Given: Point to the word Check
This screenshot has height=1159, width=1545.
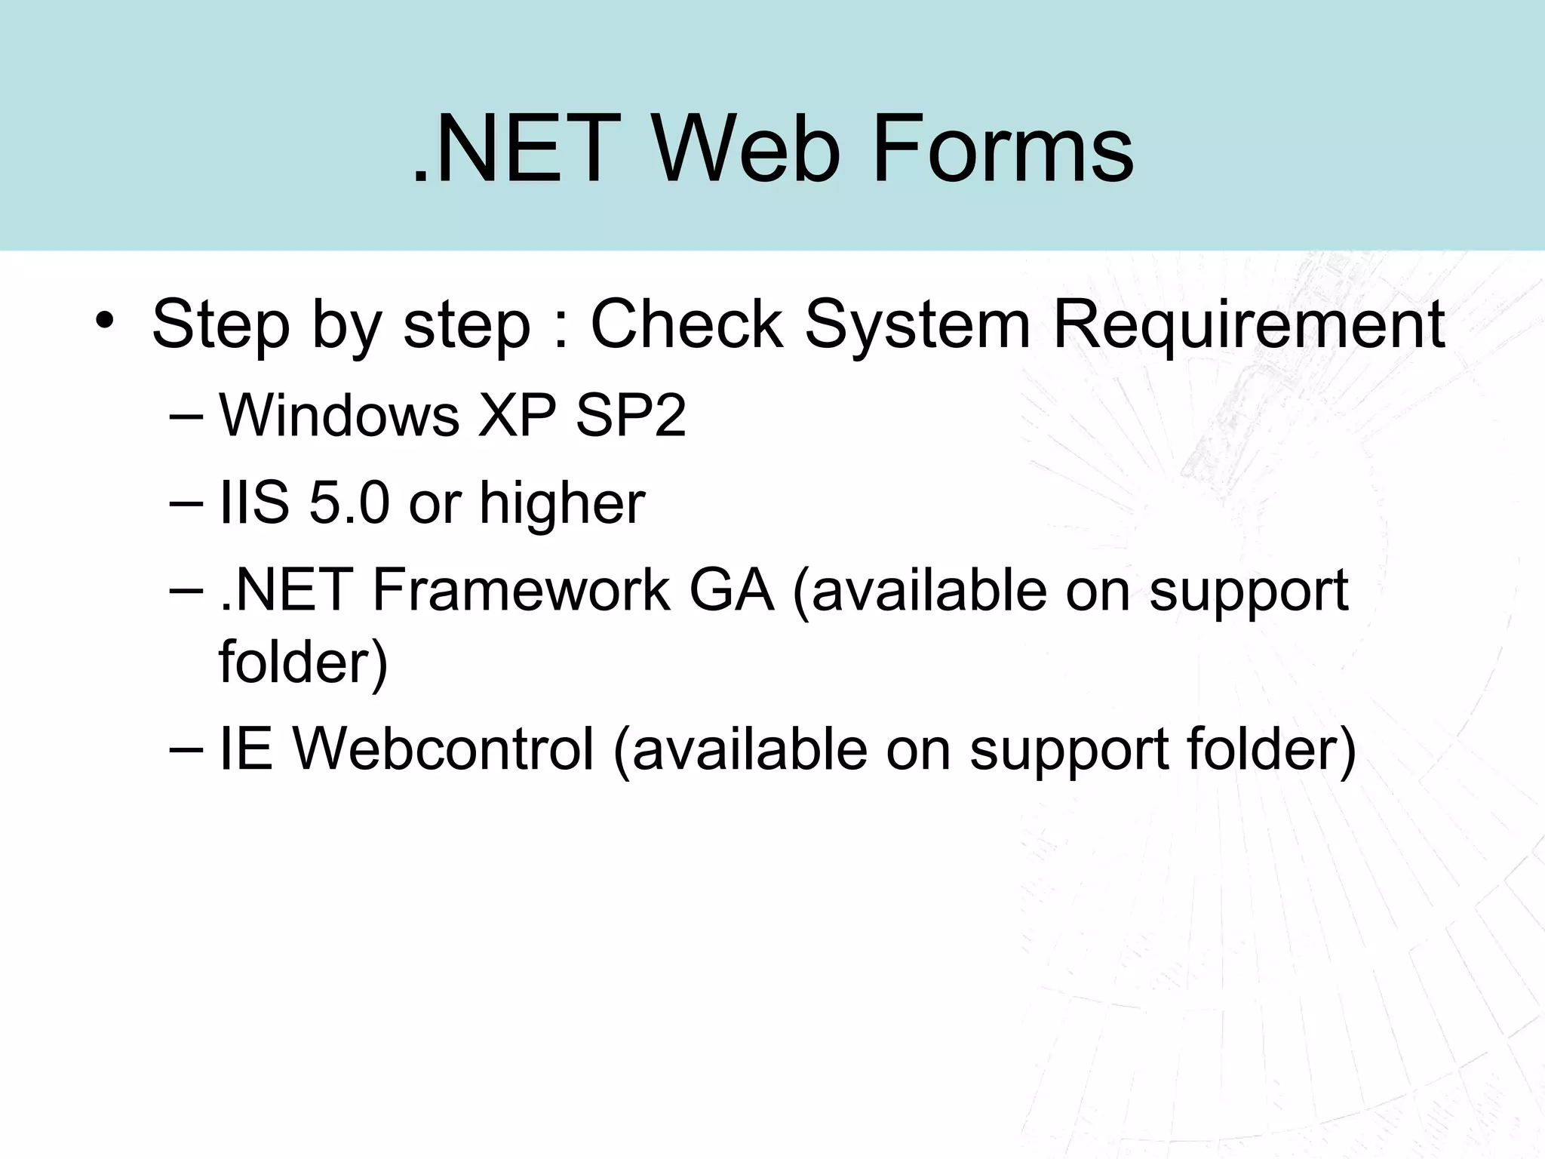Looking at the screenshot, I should click(x=686, y=324).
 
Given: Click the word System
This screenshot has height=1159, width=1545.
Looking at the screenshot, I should click(x=917, y=324).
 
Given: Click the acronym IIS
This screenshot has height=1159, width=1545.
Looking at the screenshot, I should click(x=253, y=503).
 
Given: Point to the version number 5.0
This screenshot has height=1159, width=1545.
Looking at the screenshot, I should click(x=349, y=503).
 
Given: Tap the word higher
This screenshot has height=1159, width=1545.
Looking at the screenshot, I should click(x=562, y=504).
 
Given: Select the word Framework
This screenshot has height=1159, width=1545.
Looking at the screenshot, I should click(x=521, y=590).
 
